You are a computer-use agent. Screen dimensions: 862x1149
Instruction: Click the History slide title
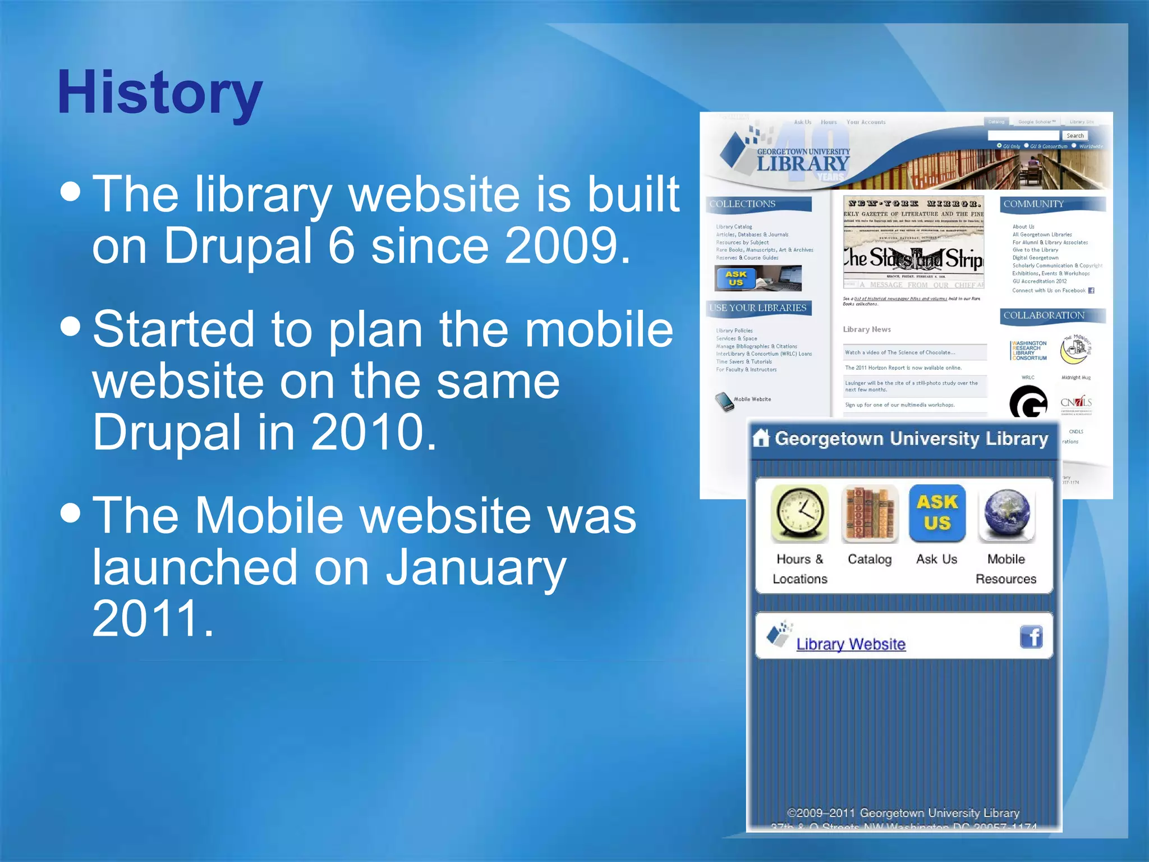click(x=160, y=93)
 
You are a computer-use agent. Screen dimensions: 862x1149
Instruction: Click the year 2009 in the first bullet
click(x=567, y=246)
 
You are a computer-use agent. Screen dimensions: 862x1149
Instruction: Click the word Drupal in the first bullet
click(x=236, y=246)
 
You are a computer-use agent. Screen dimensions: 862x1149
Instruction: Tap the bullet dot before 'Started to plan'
click(x=71, y=326)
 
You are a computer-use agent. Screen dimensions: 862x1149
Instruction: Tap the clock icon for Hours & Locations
click(x=799, y=513)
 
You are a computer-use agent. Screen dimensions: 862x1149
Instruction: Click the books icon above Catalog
click(x=869, y=513)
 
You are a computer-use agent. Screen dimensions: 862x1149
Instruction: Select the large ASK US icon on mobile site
click(x=937, y=512)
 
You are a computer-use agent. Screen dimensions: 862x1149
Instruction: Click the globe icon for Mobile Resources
click(x=1006, y=513)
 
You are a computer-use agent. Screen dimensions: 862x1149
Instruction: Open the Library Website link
click(x=851, y=644)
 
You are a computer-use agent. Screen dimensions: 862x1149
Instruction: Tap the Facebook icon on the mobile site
click(x=1031, y=637)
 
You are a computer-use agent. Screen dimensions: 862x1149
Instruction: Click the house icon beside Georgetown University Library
click(x=761, y=438)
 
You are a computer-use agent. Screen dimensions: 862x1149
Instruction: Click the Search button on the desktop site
click(x=1074, y=136)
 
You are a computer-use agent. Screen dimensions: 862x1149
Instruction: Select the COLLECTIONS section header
click(x=742, y=204)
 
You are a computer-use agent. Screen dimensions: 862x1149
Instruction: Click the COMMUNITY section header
click(x=1033, y=204)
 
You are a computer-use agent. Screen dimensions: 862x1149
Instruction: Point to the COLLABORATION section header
click(x=1044, y=315)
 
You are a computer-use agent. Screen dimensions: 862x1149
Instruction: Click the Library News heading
click(x=866, y=329)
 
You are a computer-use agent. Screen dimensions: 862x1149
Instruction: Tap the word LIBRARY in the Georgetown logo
click(x=802, y=164)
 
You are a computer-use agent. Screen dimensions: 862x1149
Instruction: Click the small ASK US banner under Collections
click(x=757, y=278)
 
